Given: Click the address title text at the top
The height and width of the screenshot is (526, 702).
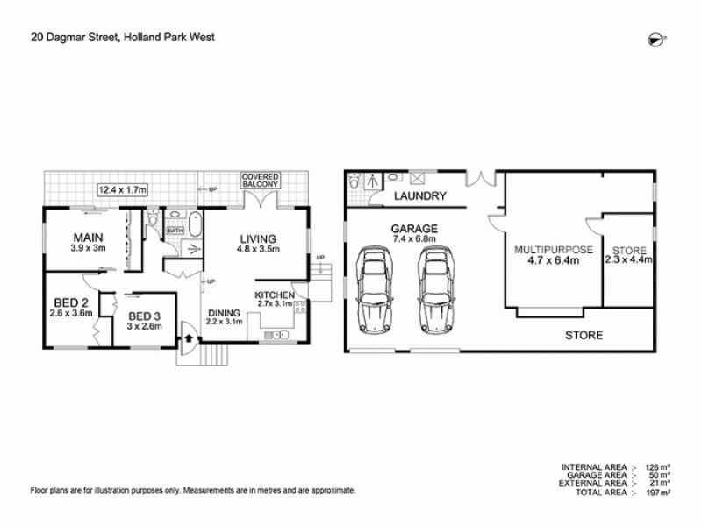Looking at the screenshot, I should pos(123,38).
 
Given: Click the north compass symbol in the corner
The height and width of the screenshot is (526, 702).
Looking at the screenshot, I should pos(654,36).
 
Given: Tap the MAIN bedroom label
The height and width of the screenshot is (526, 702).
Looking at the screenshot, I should pos(85,237).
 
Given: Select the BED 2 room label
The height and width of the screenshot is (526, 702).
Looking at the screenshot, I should pos(70,302).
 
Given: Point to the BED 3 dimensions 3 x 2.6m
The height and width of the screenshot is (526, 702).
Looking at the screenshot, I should pos(142,326).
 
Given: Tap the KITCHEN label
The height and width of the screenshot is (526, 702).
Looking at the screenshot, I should pos(274,295).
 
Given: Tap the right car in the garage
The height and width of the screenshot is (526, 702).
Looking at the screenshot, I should pos(435,287).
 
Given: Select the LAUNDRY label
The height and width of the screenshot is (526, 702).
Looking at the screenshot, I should pos(420,196).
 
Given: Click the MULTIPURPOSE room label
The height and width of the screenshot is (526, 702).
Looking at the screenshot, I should pos(554,249).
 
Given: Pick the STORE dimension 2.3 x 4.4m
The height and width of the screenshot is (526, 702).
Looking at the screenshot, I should pos(628,260).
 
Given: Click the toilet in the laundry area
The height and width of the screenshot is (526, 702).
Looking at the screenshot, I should pos(354,183).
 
